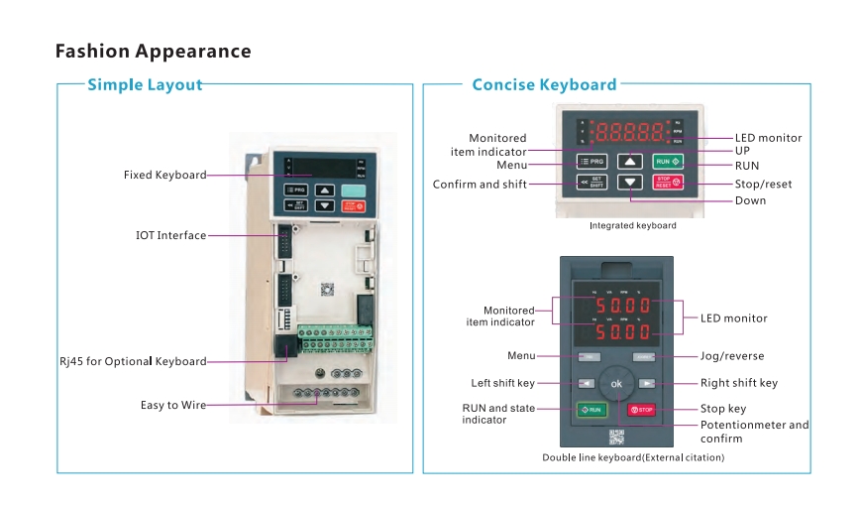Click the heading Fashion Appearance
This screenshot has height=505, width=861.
(x=153, y=51)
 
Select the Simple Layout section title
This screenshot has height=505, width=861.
(x=145, y=84)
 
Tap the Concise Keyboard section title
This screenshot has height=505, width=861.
(x=544, y=84)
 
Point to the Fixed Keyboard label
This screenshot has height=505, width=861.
(x=164, y=175)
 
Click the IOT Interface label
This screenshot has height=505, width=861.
(x=170, y=235)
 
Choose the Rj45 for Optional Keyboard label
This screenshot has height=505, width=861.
(x=133, y=361)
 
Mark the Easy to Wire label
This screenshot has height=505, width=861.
(x=173, y=405)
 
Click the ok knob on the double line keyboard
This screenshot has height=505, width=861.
(x=616, y=383)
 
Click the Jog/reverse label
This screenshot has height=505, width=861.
(x=732, y=356)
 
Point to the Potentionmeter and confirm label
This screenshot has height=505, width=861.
(x=754, y=432)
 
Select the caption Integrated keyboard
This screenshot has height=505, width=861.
(x=632, y=226)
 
